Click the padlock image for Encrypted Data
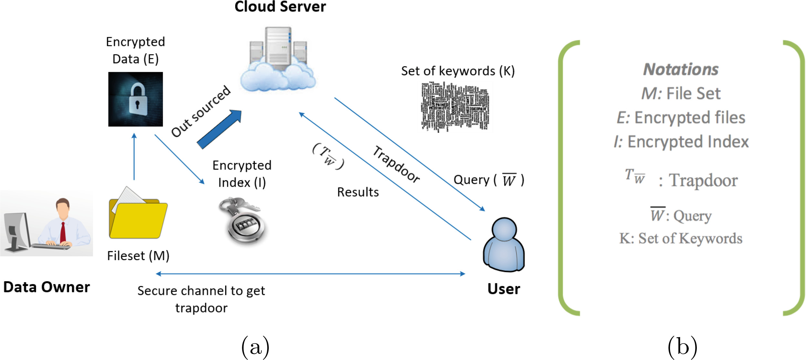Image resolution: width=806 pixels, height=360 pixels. [x=135, y=99]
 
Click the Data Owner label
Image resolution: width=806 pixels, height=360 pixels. [x=47, y=287]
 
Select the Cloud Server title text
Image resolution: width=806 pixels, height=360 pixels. [x=280, y=6]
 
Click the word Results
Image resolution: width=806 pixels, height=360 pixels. [x=358, y=192]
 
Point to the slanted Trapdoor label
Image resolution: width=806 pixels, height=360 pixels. [x=396, y=164]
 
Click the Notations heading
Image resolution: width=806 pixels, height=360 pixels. [x=681, y=69]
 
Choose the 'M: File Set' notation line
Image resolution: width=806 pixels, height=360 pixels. [x=681, y=93]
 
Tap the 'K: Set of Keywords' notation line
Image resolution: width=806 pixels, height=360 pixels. [x=681, y=238]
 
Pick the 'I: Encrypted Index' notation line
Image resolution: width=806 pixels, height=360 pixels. [x=681, y=142]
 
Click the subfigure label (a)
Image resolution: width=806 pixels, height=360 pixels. [x=255, y=347]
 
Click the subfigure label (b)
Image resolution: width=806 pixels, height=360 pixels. [x=682, y=347]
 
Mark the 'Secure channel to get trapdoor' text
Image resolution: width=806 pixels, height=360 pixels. [x=201, y=299]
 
